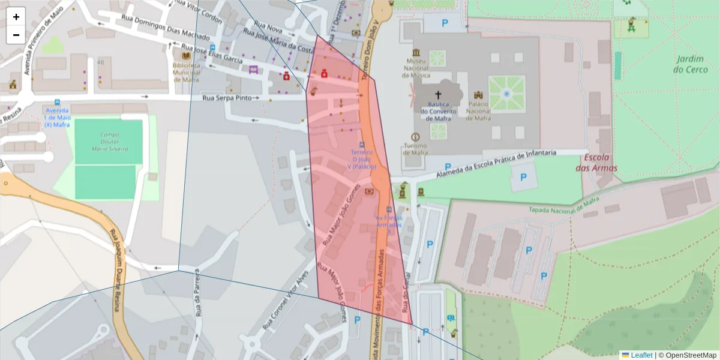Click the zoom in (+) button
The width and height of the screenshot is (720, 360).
coord(16,17)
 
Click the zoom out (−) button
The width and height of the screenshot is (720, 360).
coord(16,35)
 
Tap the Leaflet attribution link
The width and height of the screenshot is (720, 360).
coord(640,355)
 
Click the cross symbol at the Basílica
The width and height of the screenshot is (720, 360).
coord(438,95)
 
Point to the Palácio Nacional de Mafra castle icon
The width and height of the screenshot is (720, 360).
coord(478,95)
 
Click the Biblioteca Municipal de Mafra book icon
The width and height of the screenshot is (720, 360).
coord(185,56)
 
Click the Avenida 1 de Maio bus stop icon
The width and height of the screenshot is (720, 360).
coord(57,102)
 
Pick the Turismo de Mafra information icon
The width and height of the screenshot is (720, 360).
coord(415,137)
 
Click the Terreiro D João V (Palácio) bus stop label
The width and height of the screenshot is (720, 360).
coord(362,159)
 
